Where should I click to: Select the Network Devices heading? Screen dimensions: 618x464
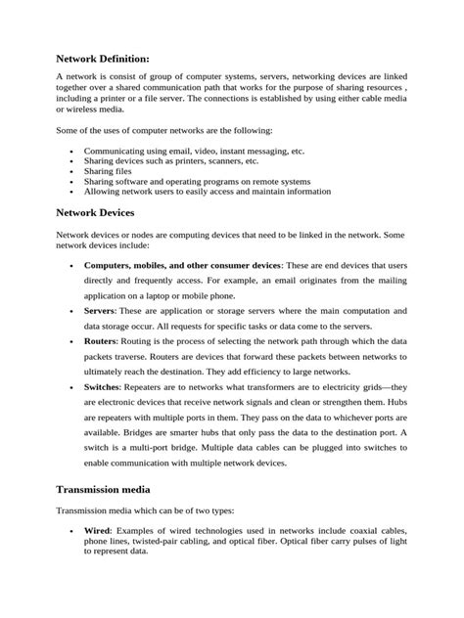[x=95, y=212]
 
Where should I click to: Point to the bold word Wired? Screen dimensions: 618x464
[x=99, y=530]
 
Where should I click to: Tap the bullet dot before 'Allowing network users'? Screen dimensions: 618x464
[x=73, y=192]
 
